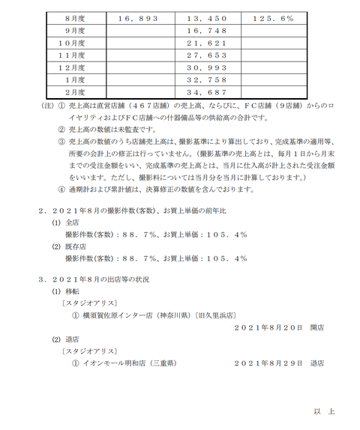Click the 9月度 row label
(73, 31)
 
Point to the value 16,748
(208, 31)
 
